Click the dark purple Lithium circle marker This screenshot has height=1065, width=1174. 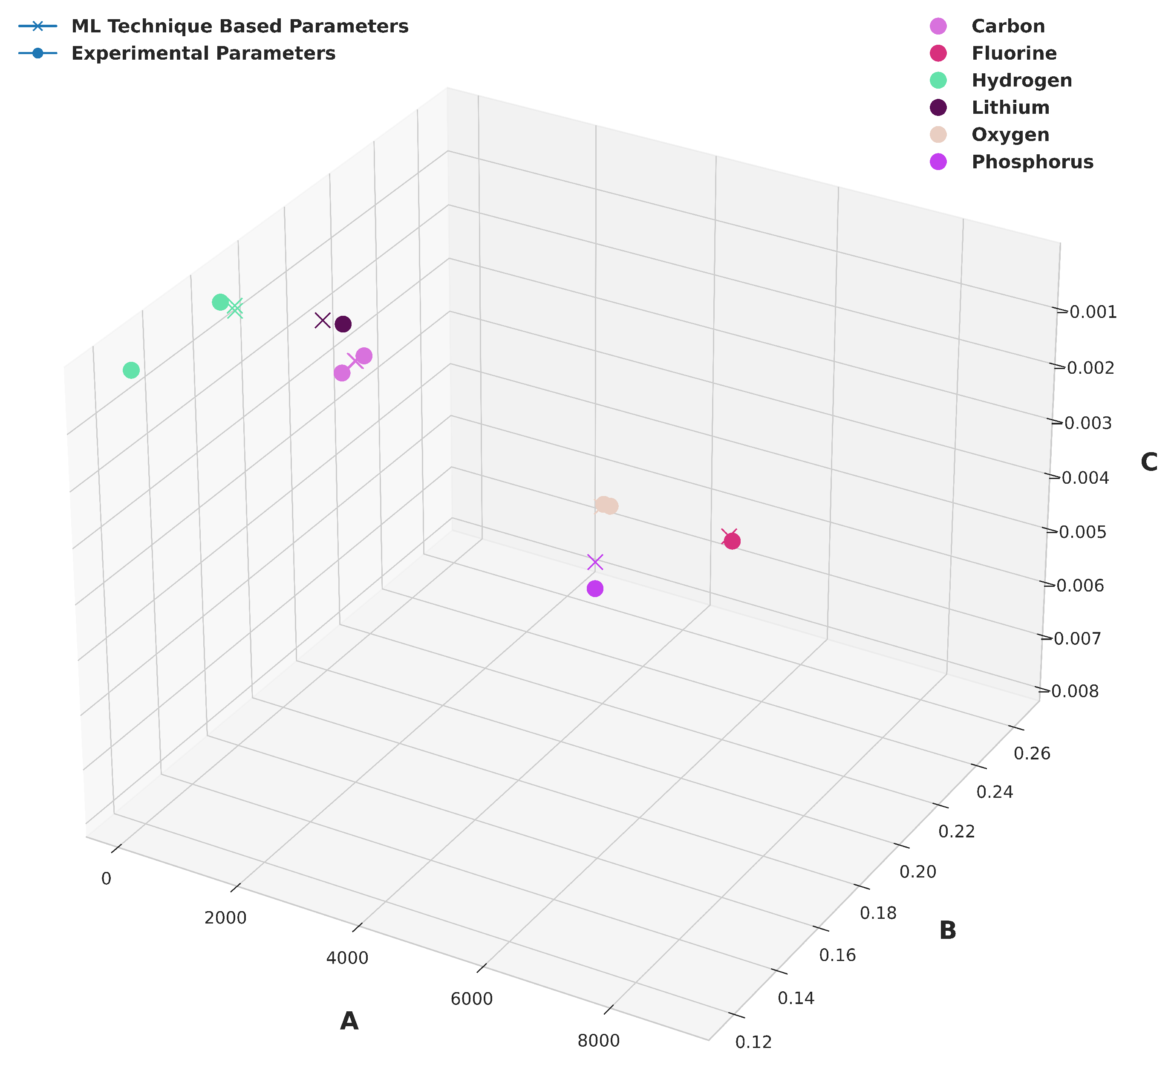[343, 324]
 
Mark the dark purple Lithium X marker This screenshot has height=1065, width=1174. [323, 320]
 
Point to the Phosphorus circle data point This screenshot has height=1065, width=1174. [594, 589]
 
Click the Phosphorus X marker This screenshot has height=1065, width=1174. [594, 562]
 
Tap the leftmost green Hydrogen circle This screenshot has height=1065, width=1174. [132, 370]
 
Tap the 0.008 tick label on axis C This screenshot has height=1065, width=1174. [1075, 691]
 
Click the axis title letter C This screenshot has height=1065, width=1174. [1149, 462]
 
